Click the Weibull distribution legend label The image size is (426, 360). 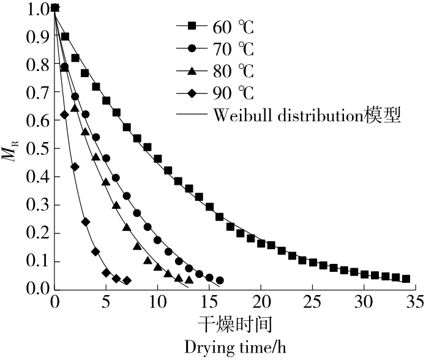(306, 116)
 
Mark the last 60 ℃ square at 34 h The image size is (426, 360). (405, 279)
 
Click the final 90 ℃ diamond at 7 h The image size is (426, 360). (127, 280)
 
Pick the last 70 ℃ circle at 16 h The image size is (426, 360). (220, 280)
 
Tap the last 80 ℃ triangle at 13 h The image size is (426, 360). (189, 280)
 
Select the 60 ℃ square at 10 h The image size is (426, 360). (158, 159)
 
